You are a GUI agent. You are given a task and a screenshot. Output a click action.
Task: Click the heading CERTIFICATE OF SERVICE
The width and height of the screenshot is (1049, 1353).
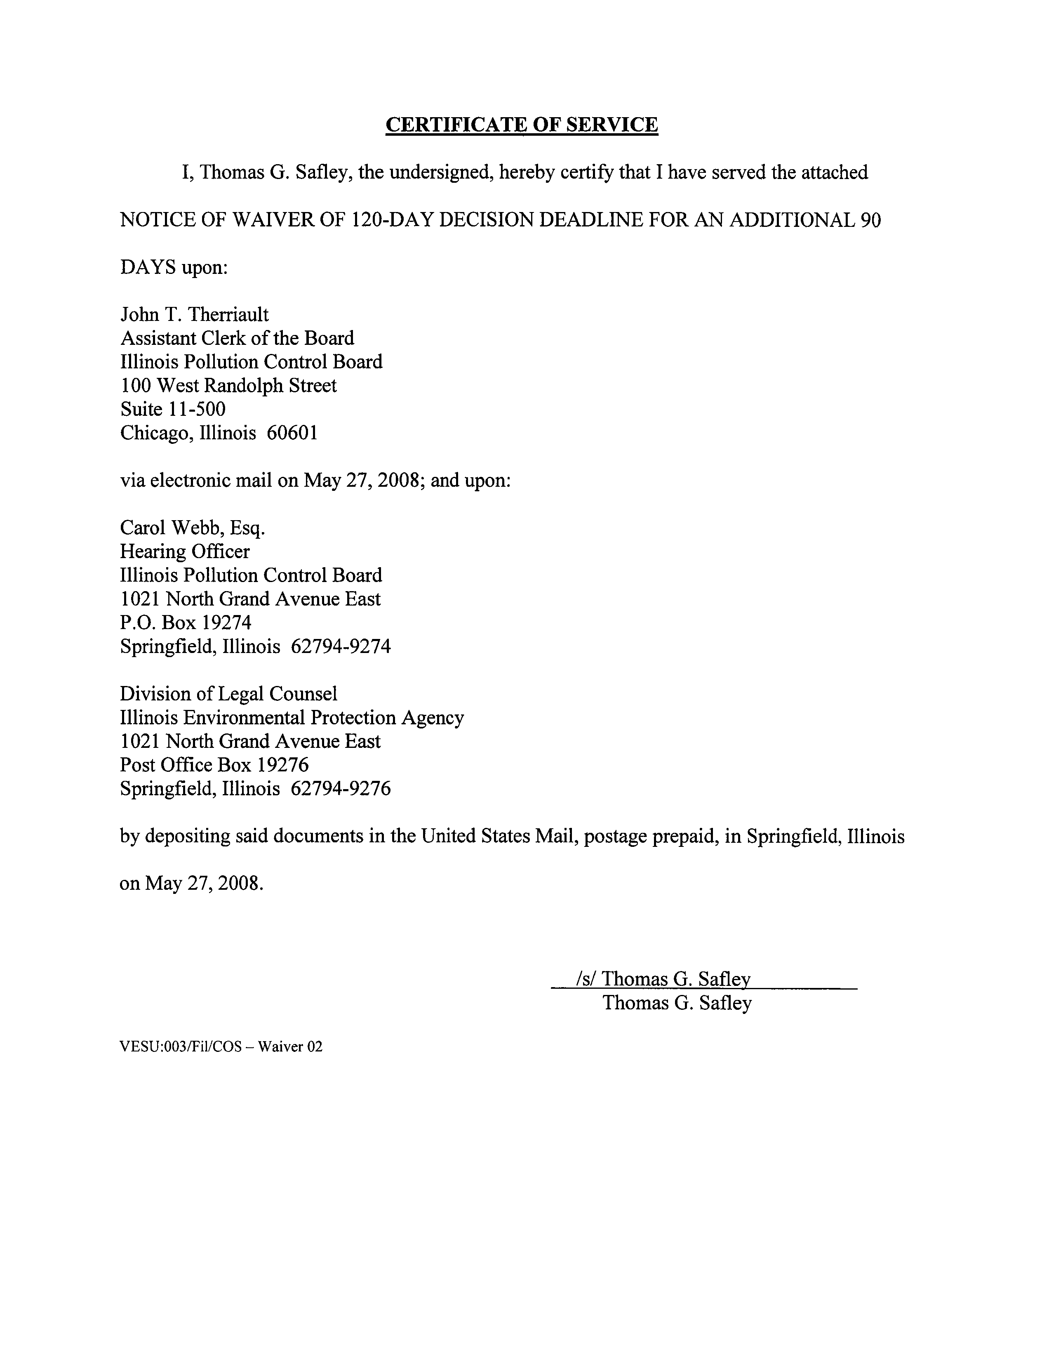point(521,125)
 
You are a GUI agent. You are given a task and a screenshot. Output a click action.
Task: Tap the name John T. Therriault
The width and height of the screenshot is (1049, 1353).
point(195,315)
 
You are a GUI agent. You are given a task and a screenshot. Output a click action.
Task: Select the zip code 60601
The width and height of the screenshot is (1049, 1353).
point(292,433)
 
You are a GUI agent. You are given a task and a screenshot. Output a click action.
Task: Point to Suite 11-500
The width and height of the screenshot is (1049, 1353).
point(173,409)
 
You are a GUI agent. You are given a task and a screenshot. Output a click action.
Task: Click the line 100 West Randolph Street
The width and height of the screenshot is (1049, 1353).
point(228,385)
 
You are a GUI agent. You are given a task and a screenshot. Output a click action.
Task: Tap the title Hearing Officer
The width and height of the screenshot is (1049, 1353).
point(185,552)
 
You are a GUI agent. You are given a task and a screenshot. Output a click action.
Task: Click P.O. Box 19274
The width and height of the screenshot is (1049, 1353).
point(186,622)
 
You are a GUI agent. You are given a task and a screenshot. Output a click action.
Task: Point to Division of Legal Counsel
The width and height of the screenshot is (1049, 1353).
point(228,693)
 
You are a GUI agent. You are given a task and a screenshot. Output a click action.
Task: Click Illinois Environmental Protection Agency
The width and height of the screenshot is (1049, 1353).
point(292,717)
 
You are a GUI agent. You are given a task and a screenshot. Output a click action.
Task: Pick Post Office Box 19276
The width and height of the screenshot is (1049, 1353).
point(214,765)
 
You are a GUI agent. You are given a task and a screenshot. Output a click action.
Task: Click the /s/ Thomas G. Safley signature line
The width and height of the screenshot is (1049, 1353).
point(663,979)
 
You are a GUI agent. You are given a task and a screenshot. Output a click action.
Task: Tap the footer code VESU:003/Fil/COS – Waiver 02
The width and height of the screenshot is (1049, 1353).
point(221,1047)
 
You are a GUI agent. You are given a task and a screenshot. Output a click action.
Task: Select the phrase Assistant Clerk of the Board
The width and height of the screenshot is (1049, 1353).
point(237,338)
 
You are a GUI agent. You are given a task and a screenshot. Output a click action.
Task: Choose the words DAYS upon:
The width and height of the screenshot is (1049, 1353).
point(174,268)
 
